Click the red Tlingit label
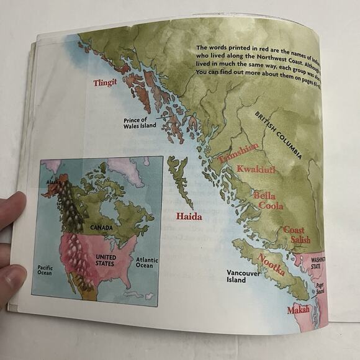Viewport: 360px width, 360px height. (x=105, y=83)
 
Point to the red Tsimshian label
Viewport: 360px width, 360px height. (x=238, y=153)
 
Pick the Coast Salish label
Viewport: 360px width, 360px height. (x=297, y=235)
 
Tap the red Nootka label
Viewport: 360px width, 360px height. (x=271, y=265)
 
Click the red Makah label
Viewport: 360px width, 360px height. (x=298, y=310)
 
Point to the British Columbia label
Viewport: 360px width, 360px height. (x=279, y=135)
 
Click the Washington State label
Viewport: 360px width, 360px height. (x=317, y=263)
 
